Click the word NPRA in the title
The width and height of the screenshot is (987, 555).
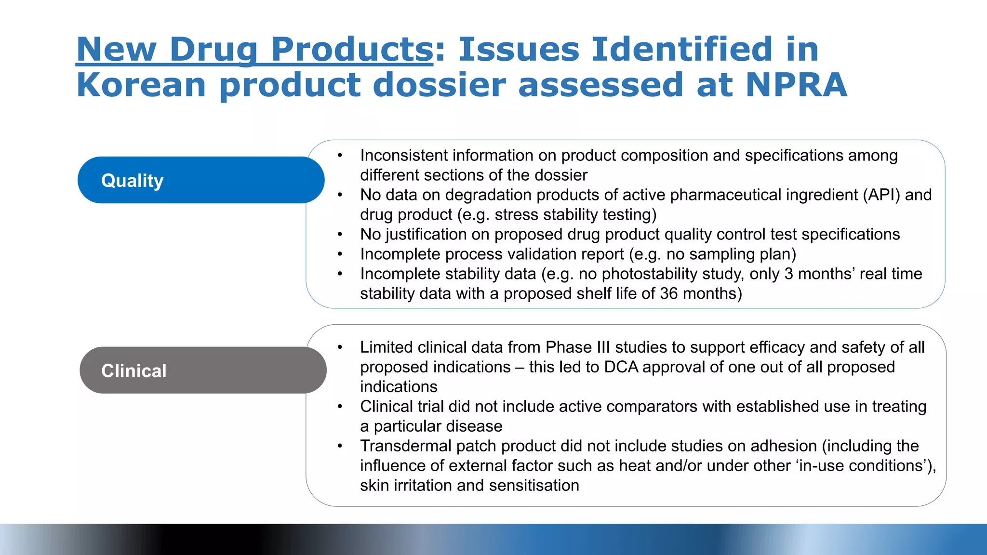(796, 85)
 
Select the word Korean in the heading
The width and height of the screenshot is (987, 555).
(141, 85)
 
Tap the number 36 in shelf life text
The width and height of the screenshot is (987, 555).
(668, 293)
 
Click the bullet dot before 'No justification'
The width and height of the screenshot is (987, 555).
(340, 235)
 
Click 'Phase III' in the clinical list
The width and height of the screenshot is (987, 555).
(577, 347)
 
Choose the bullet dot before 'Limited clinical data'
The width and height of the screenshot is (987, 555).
(340, 347)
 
